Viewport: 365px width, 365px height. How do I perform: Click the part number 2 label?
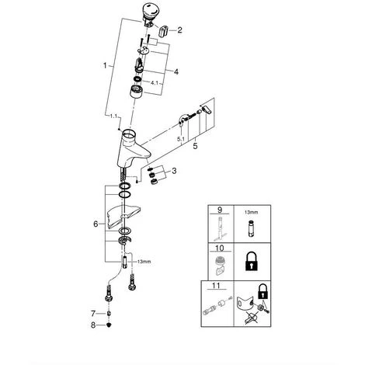click(x=179, y=30)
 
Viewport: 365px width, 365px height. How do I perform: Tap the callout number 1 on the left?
click(x=105, y=65)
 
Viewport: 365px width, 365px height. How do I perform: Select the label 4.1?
click(x=155, y=83)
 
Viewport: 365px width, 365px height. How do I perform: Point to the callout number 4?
click(x=176, y=71)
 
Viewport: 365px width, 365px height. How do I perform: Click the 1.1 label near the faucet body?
click(x=113, y=116)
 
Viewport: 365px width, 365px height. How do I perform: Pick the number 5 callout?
click(x=195, y=146)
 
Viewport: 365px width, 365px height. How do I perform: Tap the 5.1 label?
click(x=181, y=139)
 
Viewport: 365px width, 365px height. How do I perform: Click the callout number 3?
click(x=174, y=171)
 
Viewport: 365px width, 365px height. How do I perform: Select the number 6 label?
click(x=96, y=224)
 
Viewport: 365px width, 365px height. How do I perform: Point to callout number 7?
click(x=93, y=314)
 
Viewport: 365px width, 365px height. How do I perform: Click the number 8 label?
click(x=93, y=325)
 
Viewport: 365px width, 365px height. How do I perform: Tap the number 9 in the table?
click(x=220, y=210)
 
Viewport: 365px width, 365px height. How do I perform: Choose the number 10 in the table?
click(x=219, y=249)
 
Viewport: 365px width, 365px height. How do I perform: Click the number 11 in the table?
click(x=216, y=286)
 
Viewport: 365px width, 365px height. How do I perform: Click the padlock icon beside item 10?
click(x=252, y=262)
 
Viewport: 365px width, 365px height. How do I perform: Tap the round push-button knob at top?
click(x=151, y=10)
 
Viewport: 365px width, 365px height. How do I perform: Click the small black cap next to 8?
click(x=109, y=325)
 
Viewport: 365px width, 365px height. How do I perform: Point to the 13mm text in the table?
click(x=251, y=212)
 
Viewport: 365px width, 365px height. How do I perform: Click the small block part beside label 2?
click(x=163, y=31)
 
